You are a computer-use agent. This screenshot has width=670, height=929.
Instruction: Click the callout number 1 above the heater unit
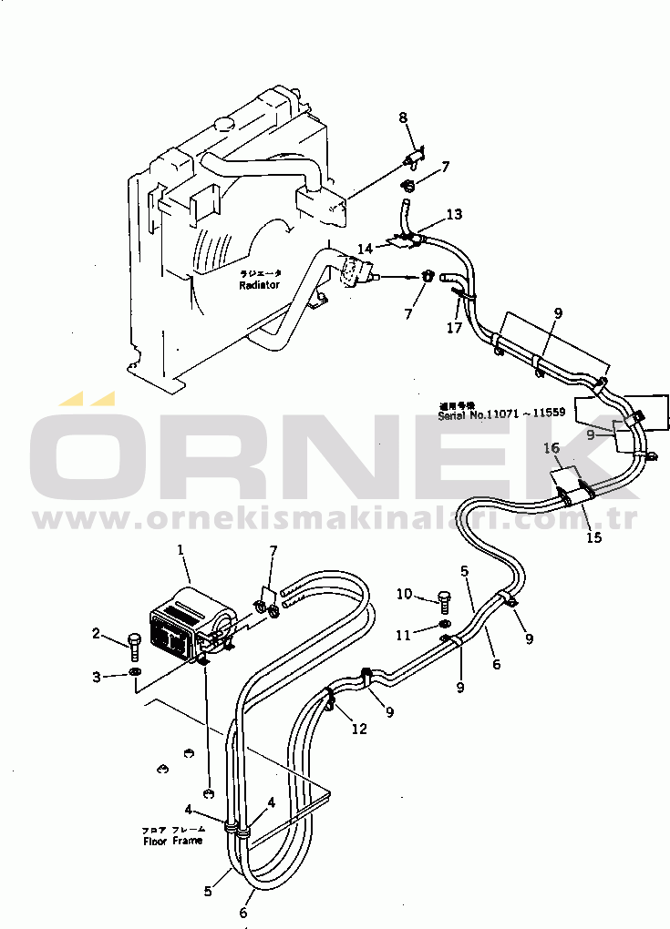click(x=180, y=550)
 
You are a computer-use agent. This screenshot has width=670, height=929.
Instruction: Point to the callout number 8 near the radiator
click(x=404, y=117)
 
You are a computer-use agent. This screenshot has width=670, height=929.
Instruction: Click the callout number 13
click(x=453, y=214)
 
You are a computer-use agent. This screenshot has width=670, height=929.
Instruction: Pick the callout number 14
click(x=364, y=248)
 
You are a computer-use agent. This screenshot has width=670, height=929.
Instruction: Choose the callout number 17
click(x=454, y=328)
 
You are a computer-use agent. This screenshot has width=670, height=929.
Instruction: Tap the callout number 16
click(x=551, y=447)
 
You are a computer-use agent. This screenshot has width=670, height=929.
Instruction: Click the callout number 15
click(x=593, y=537)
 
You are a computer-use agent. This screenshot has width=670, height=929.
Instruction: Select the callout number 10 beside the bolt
click(x=406, y=594)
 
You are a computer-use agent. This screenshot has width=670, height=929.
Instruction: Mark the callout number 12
click(x=360, y=728)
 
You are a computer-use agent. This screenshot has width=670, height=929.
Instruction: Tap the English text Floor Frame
click(x=172, y=841)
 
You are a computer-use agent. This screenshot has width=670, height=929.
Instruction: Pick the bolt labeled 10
click(x=444, y=599)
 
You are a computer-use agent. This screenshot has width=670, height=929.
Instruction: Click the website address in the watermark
click(x=335, y=521)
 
